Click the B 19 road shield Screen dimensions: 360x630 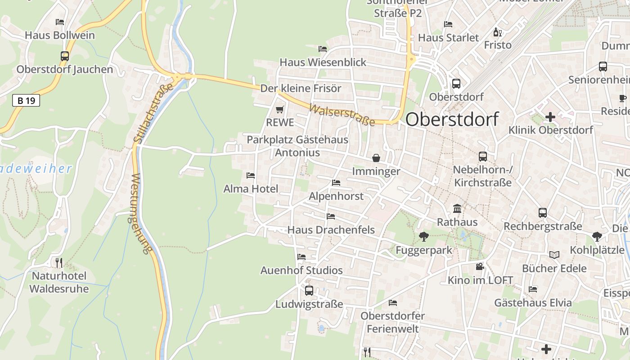point(26,100)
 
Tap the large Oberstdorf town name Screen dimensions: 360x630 point(452,119)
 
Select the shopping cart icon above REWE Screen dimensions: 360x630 point(279,109)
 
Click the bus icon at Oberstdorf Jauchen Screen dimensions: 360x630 point(65,56)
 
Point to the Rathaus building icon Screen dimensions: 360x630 point(457,208)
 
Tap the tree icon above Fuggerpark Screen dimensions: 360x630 point(423,236)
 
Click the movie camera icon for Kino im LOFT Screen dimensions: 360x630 point(480,266)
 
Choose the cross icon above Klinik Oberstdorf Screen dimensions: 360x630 point(550,117)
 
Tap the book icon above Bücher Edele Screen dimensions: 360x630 point(554,255)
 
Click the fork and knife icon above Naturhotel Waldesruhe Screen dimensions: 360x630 point(59,262)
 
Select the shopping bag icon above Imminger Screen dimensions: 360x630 point(376,158)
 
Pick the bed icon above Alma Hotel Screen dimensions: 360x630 point(251,175)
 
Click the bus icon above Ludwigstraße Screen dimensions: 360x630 point(309,291)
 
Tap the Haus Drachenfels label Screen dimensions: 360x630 point(331,229)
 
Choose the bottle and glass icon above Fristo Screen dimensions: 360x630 point(497,32)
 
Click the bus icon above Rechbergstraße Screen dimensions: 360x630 point(543,213)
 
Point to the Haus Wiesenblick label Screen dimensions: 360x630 point(323,62)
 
